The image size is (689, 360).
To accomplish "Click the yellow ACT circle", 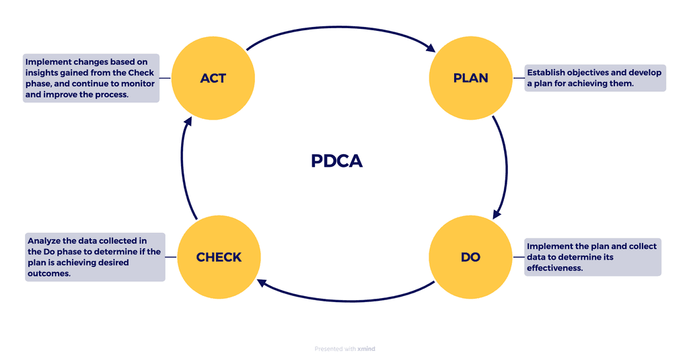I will coord(213,78).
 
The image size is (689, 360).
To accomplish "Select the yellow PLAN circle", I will coord(471,78).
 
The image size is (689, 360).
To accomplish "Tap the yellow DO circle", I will coord(471,257).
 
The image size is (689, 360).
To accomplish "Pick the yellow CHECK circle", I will coord(219,257).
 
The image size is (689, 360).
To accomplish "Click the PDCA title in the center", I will coord(336,161).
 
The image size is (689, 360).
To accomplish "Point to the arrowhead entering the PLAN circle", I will coord(431,48).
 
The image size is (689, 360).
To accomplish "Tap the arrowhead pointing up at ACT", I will coord(188,122).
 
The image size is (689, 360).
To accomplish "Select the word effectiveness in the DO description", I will coord(554,268).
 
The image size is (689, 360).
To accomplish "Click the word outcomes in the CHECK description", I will coord(48,274).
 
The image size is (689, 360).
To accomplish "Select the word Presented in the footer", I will coord(328,349).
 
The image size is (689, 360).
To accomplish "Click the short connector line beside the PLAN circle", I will coord(519,78).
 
